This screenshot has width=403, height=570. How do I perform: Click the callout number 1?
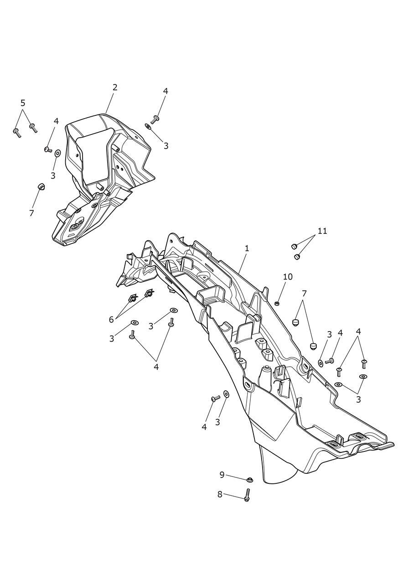click(x=247, y=249)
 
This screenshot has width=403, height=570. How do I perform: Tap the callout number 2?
click(x=115, y=88)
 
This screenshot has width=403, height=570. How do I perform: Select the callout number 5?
click(x=23, y=103)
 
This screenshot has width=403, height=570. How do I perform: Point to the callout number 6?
click(x=111, y=320)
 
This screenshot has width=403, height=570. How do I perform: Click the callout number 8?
click(x=220, y=494)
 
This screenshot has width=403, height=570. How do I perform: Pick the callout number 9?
click(x=222, y=475)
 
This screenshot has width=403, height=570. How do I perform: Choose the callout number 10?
click(x=288, y=277)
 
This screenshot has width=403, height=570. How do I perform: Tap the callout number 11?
click(x=322, y=231)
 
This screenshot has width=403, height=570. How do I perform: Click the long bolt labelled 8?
click(x=247, y=495)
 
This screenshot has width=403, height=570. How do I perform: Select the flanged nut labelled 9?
click(x=249, y=480)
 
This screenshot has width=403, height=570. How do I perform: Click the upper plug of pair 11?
click(x=294, y=246)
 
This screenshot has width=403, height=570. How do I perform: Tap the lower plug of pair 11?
click(x=297, y=257)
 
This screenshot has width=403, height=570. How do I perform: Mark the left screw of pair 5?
click(x=17, y=133)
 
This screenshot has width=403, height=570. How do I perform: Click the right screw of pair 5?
click(x=33, y=128)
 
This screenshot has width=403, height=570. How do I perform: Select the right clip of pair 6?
click(x=148, y=293)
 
